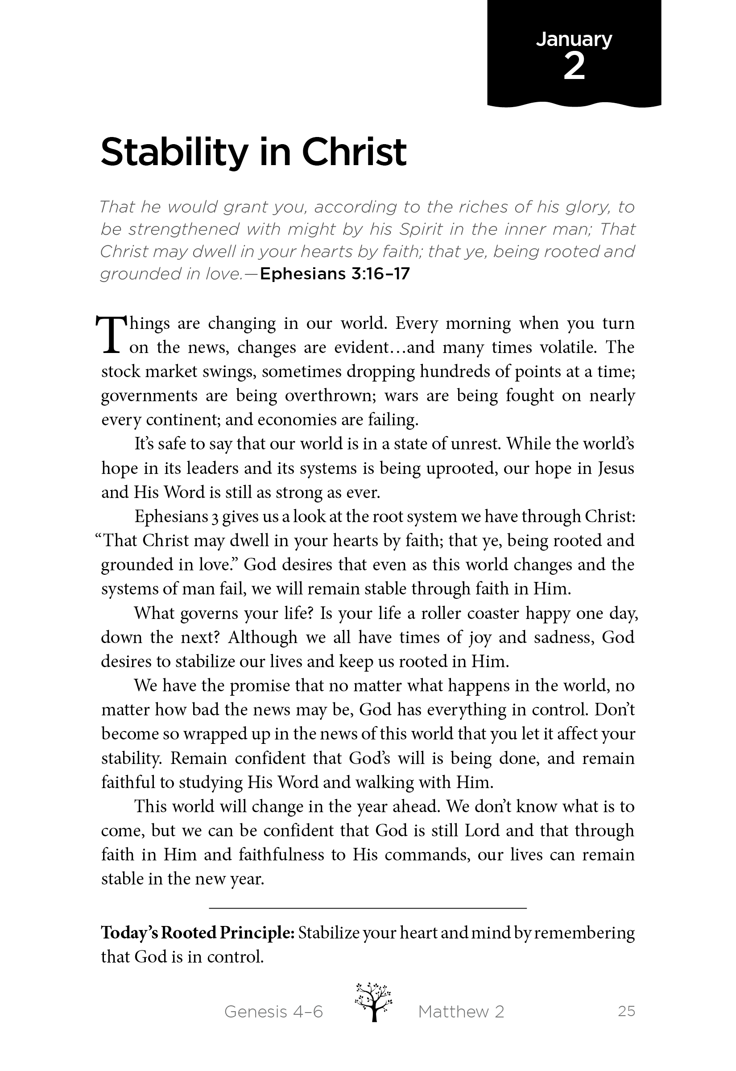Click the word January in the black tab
(574, 40)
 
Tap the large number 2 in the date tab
(574, 67)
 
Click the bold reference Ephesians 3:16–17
(335, 274)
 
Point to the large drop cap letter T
(110, 334)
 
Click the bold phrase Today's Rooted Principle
(197, 933)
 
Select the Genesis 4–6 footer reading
(273, 1012)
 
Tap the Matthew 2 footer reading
(461, 1012)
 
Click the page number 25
(626, 1012)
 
